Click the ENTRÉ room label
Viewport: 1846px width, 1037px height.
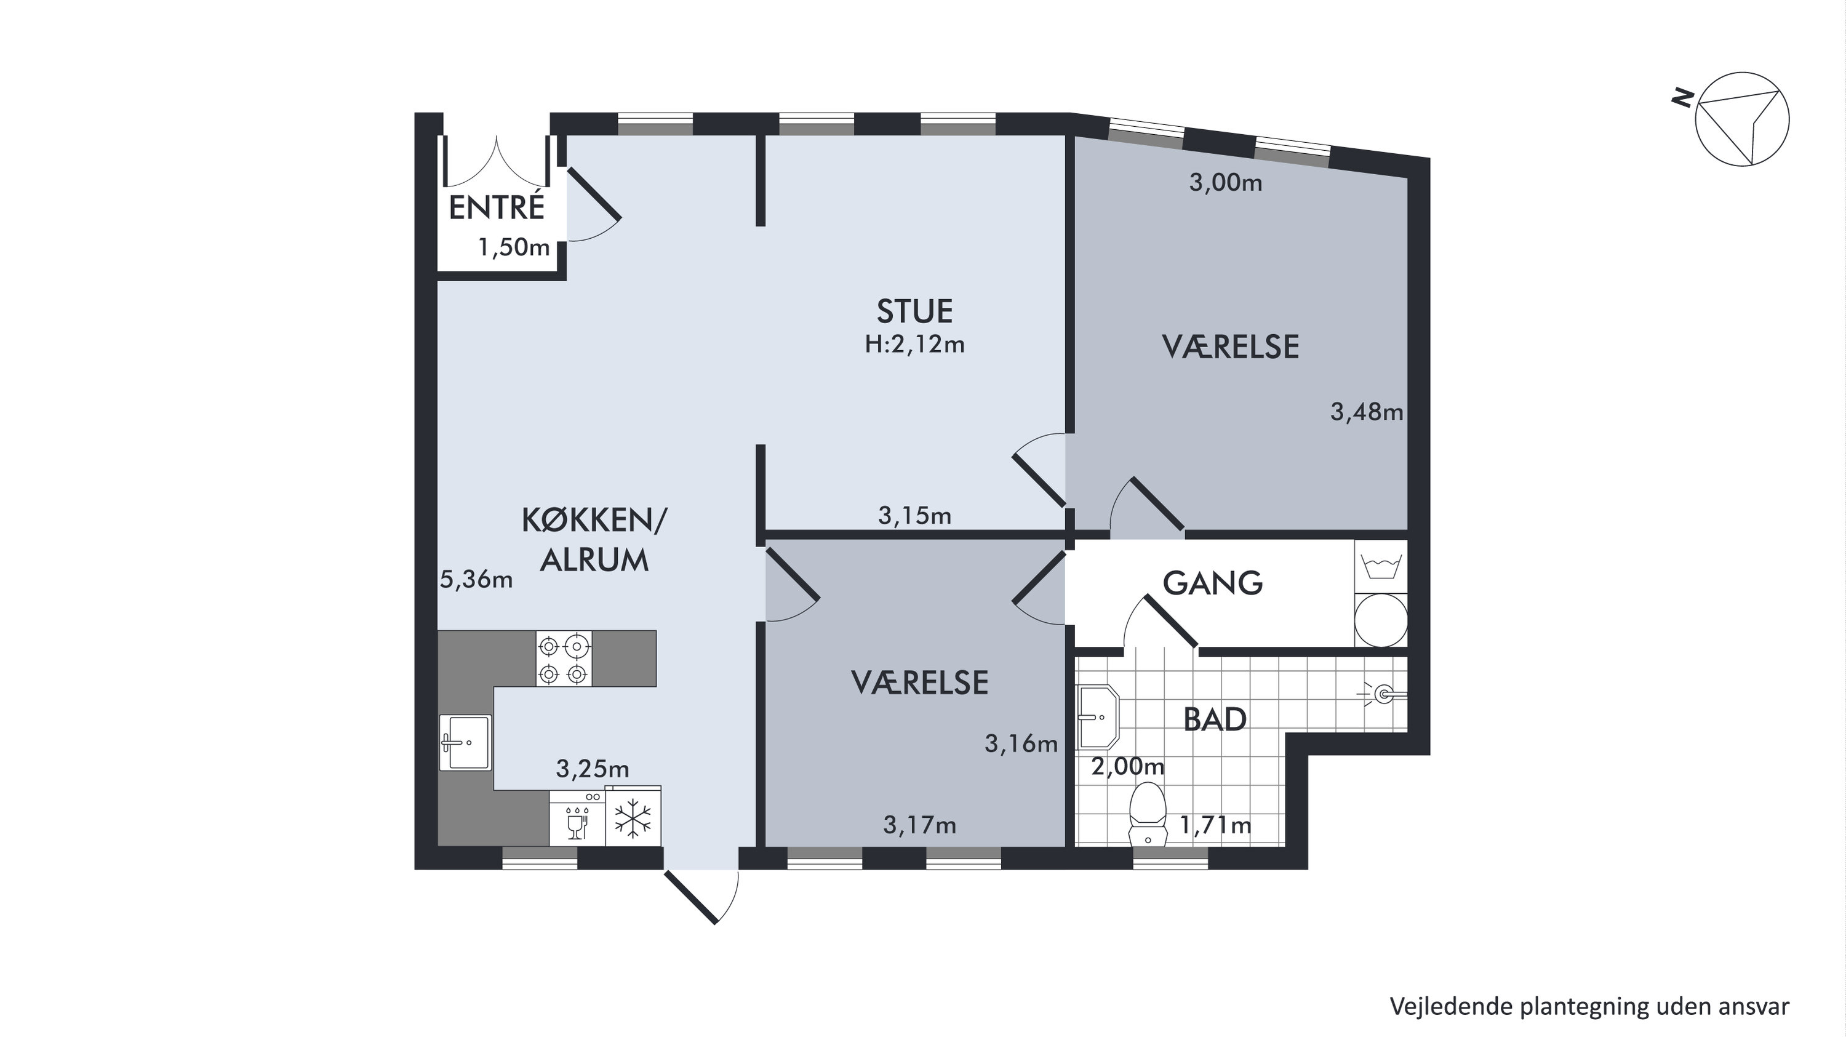497,208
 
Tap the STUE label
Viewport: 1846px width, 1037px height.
914,312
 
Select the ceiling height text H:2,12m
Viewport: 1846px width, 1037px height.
914,345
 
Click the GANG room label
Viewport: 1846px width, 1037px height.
1212,583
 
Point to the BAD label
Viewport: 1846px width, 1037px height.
1215,719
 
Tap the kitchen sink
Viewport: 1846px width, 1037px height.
465,742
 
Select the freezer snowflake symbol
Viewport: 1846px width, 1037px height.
634,819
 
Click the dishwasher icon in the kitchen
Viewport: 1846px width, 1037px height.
577,818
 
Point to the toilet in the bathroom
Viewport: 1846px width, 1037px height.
1148,815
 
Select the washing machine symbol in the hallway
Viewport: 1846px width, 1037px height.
1381,566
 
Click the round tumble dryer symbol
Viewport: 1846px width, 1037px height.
1381,620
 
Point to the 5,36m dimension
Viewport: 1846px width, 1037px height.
476,580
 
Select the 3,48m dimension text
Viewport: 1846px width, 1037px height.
1367,412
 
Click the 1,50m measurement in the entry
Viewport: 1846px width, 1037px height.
514,247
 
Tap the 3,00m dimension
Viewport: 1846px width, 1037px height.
1225,183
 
